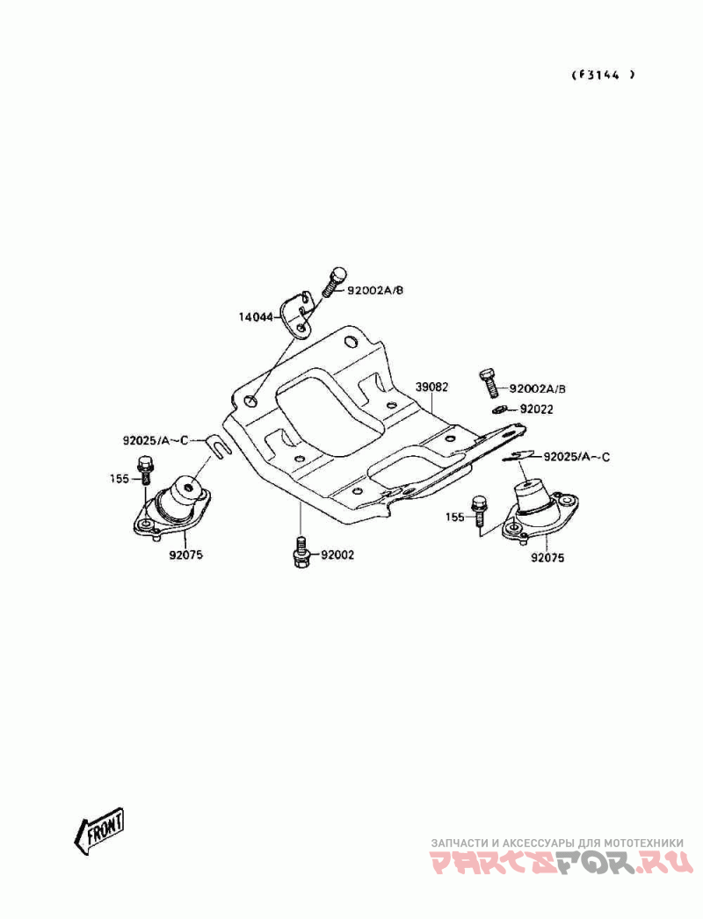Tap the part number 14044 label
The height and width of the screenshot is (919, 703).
coord(256,317)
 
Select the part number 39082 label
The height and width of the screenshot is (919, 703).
coord(432,387)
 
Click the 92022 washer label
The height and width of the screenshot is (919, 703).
coord(537,409)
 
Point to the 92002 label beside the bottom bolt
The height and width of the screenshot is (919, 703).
coord(337,555)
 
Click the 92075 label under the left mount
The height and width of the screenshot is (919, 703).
coord(186,554)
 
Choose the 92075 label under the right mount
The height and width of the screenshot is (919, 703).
coord(547,558)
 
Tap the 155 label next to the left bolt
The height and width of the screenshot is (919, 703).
coord(119,479)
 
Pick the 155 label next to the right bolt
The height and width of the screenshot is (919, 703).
coord(454,517)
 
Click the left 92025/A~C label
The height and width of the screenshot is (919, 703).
coord(156,440)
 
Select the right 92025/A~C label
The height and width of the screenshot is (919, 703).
coord(576,457)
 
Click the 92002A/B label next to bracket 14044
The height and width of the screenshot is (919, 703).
coord(375,290)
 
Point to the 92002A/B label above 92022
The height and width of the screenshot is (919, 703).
coord(538,388)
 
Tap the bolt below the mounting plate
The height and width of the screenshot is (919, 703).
coord(301,552)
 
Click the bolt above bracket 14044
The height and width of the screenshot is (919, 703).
coord(334,282)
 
